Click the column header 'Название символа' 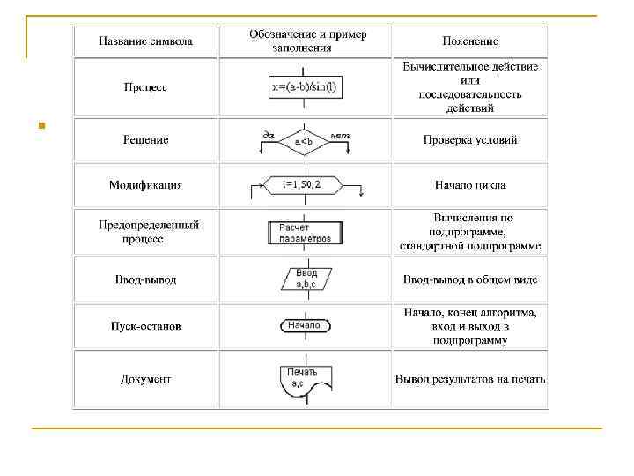145,41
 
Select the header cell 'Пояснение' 470,41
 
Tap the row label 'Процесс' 145,87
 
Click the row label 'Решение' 145,139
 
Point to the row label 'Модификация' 145,185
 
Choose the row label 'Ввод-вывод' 145,279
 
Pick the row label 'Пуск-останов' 145,326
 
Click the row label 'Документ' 145,380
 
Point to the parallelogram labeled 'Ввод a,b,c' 306,279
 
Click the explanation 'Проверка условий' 470,139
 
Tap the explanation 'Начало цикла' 470,185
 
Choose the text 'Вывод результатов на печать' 470,380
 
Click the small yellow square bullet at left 31,126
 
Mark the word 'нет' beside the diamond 340,135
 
